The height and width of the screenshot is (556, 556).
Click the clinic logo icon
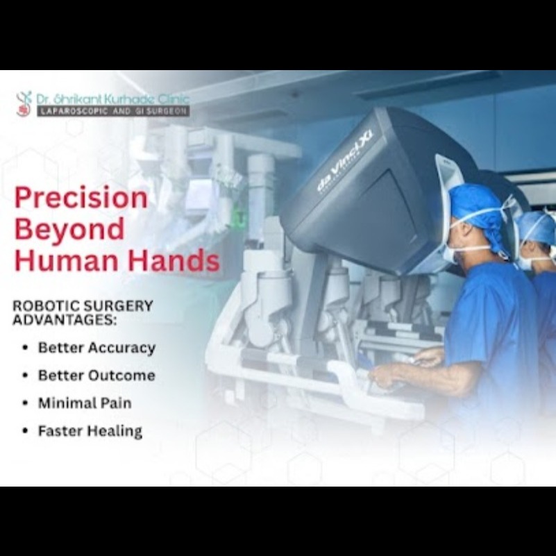pos(24,103)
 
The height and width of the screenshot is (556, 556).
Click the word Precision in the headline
pos(81,198)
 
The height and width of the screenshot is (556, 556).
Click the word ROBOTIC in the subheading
pos(42,305)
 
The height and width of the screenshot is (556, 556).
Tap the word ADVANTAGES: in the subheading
pos(65,319)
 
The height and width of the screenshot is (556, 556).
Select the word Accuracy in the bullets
pos(121,348)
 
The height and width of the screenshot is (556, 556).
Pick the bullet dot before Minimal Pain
pos(25,403)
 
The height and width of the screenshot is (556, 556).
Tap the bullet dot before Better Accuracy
pos(25,348)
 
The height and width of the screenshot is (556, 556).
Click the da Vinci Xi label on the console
pos(345,161)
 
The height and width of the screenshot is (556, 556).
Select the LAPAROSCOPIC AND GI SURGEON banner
pos(113,111)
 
